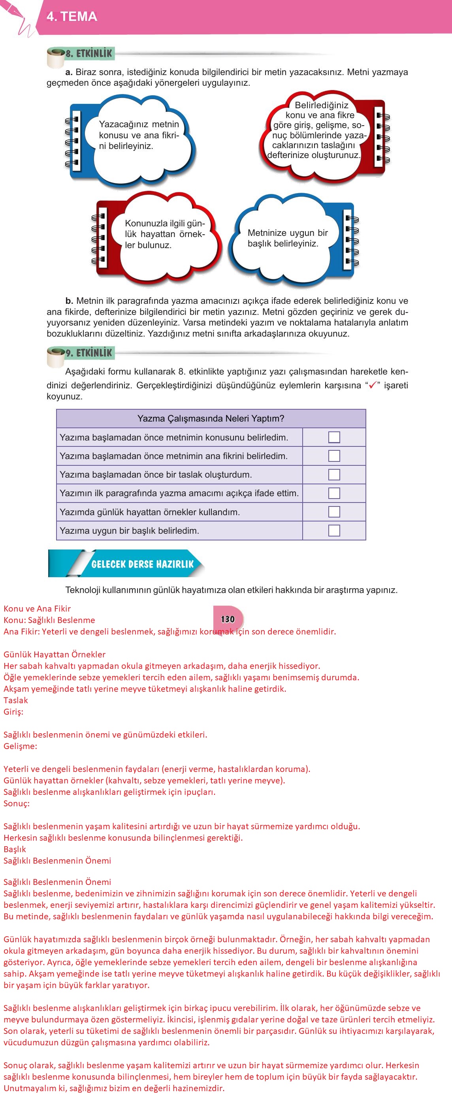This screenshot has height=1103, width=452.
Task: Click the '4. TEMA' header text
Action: (72, 17)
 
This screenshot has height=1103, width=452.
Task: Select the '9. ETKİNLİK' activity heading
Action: (88, 353)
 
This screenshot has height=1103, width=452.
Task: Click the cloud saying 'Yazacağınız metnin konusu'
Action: (138, 135)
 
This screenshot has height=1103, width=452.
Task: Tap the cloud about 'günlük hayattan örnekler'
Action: (164, 234)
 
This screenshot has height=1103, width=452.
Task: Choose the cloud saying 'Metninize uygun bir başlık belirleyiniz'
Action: (288, 238)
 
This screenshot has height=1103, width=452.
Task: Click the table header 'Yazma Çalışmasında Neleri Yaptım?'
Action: (211, 419)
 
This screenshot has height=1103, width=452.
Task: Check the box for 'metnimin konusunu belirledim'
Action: (334, 437)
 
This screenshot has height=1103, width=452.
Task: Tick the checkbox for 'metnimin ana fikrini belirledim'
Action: (334, 456)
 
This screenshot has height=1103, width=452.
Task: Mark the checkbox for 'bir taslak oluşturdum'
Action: (334, 474)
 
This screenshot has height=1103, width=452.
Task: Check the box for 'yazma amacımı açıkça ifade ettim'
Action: (334, 493)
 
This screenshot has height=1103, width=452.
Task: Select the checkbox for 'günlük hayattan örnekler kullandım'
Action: (334, 512)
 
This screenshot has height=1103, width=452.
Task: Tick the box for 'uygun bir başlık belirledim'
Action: (334, 531)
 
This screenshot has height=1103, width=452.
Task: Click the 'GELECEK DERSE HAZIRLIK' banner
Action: (142, 564)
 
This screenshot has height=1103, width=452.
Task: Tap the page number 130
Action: (228, 619)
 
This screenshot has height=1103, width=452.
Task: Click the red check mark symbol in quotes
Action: (372, 385)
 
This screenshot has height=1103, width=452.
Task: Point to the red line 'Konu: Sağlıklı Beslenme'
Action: (49, 620)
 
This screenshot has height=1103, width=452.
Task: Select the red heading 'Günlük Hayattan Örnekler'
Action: (55, 654)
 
